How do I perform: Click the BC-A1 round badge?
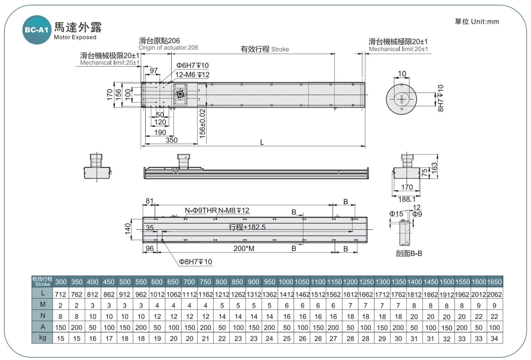(x=37, y=30)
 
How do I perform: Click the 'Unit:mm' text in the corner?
(x=485, y=22)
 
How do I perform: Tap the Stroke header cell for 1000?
(x=286, y=282)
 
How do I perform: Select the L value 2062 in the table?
(x=494, y=294)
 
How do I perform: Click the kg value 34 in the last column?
(x=494, y=339)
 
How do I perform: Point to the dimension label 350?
(x=171, y=140)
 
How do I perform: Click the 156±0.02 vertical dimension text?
(x=202, y=124)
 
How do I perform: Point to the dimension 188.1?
(x=407, y=199)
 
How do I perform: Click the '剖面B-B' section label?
(x=409, y=253)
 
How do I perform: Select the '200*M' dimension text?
(x=244, y=248)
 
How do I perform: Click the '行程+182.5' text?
(x=247, y=227)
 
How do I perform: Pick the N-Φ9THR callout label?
(x=201, y=210)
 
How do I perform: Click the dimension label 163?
(x=434, y=168)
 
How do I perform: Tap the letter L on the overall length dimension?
(x=262, y=142)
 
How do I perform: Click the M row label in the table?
(x=43, y=304)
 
